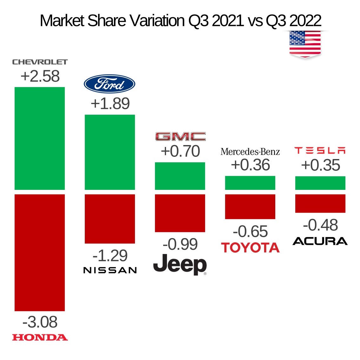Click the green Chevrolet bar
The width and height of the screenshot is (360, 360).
[x=40, y=138]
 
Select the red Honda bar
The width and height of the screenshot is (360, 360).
[x=40, y=252]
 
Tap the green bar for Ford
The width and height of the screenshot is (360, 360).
[x=110, y=152]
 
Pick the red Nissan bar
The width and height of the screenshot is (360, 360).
[x=110, y=219]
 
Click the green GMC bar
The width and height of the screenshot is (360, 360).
[x=180, y=176]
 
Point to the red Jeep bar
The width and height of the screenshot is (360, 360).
[x=180, y=213]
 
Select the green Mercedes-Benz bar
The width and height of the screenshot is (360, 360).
[x=250, y=183]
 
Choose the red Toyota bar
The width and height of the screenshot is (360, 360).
[x=250, y=206]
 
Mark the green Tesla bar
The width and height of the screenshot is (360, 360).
[x=320, y=183]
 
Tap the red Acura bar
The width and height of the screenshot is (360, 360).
[x=320, y=203]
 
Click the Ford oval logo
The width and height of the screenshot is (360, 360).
[x=110, y=84]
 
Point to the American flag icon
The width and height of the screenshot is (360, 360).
[x=305, y=44]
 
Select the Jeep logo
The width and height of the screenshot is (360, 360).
[x=180, y=264]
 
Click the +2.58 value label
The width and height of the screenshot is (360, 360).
[x=40, y=77]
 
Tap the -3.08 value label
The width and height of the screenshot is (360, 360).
[x=40, y=322]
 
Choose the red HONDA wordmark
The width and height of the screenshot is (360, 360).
[x=40, y=337]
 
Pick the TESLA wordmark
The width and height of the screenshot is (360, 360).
[x=320, y=150]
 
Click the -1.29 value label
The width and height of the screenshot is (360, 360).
[x=110, y=256]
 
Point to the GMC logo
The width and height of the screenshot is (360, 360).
[x=180, y=137]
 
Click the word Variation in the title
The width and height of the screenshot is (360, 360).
[x=158, y=21]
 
